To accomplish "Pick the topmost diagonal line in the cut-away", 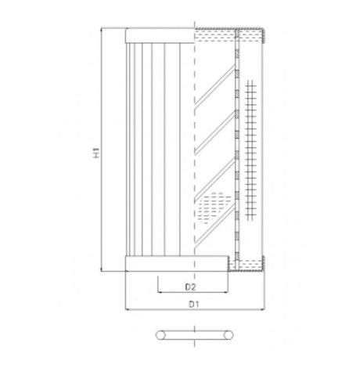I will (215, 86).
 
